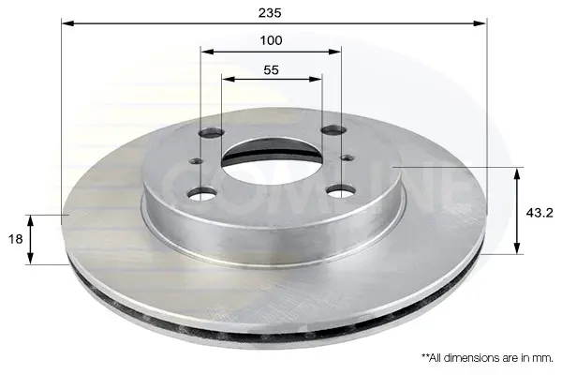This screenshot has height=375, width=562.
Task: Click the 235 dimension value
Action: click(x=270, y=13)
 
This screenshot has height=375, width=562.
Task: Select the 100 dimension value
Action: click(x=271, y=40)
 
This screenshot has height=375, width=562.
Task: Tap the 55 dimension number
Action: click(x=271, y=70)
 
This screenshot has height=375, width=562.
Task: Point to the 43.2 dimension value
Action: click(x=540, y=213)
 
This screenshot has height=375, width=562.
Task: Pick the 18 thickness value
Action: click(x=15, y=239)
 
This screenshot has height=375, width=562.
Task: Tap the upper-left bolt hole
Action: click(x=212, y=133)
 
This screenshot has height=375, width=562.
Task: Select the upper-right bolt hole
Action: click(x=333, y=130)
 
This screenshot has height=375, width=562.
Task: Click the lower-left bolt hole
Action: click(x=202, y=194)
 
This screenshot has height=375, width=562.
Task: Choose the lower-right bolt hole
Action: click(x=341, y=191)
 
